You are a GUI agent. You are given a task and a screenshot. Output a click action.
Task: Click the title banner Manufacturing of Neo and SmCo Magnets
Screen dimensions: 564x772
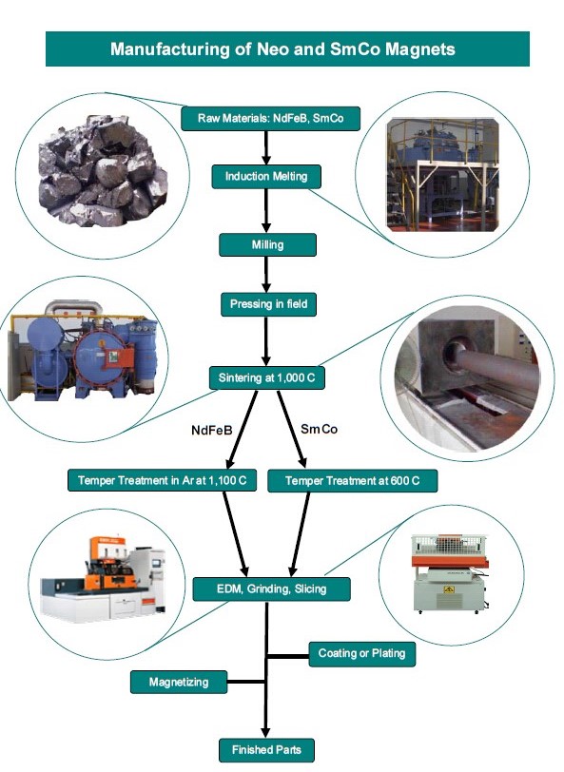coord(287,48)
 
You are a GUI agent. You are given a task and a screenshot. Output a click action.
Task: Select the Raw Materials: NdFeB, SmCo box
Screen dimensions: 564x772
coord(270,118)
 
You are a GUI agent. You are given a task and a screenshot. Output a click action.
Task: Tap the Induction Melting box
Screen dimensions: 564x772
coord(266,176)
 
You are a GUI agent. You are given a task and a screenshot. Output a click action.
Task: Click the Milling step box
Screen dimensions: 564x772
coord(267,244)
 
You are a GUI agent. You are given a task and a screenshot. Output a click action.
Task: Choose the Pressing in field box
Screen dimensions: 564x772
coord(268,304)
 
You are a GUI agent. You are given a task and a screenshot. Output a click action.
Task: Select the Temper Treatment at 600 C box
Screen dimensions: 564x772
coord(352,480)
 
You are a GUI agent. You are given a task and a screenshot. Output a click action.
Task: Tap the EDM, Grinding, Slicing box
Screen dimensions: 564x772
coord(271,589)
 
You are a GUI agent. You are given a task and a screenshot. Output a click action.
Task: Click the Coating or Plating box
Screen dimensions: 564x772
coord(362,654)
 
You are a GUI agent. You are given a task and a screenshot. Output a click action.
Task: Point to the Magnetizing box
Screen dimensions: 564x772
coord(179,682)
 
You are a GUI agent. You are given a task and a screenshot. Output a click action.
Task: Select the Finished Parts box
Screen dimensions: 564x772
coord(266,750)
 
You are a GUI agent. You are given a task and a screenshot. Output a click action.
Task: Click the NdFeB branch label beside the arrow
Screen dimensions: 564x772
coord(212,431)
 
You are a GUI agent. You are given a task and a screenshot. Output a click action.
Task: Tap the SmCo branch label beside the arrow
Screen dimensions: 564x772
coord(320,430)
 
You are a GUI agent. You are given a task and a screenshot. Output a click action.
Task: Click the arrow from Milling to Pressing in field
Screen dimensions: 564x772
coord(266,274)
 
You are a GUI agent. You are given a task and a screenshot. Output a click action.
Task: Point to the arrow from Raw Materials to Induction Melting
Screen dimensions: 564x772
coord(266,147)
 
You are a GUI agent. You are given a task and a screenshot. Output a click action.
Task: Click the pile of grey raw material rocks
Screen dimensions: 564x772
coord(103,170)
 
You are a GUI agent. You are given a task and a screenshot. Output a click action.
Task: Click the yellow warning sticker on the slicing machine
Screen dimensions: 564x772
coord(448,589)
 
